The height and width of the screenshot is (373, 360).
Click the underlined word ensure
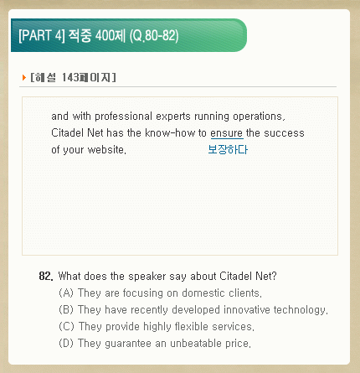227,133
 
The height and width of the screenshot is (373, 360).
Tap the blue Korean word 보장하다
228,149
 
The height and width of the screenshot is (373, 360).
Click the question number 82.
46,276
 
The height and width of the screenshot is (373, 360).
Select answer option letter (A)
66,293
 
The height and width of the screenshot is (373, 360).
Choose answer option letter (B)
66,309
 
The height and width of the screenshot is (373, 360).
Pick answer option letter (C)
66,326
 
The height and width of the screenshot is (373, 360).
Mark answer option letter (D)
66,343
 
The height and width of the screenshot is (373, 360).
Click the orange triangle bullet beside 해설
24,77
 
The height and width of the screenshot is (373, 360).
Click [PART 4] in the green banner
42,36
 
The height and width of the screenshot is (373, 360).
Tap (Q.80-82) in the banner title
154,36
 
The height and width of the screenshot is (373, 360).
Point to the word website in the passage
107,150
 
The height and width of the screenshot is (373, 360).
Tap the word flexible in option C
192,326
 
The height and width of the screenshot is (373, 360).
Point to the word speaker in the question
147,277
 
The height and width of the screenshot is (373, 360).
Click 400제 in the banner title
111,36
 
